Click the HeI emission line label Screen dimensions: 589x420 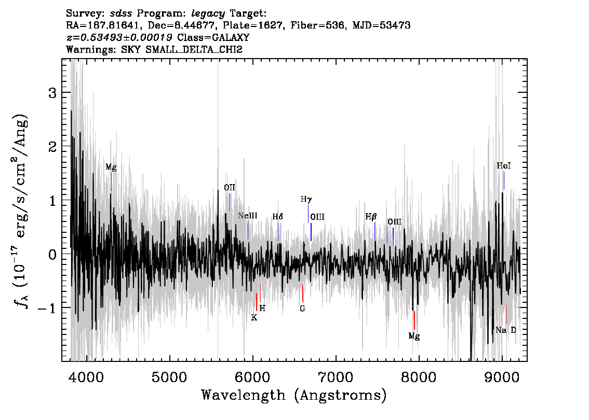tap(504, 166)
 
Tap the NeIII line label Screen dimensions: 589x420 tap(248, 216)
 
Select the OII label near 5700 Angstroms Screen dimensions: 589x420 tap(230, 188)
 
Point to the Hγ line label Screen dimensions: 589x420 tap(306, 200)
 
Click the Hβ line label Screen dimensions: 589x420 tap(371, 217)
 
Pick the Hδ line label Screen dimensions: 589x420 tap(278, 217)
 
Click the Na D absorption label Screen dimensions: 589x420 tap(506, 330)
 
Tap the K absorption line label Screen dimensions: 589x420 tap(255, 318)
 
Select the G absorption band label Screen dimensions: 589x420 tap(302, 309)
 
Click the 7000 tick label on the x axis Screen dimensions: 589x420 tap(335, 377)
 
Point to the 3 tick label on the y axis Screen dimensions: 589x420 tap(52, 93)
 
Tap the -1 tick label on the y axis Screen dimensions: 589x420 tap(47, 308)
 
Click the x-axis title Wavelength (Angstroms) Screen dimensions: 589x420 tap(294, 395)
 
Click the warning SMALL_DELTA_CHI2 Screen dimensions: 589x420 tap(194, 49)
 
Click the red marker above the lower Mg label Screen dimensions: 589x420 tap(414, 320)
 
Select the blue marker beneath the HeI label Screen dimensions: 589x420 tap(504, 181)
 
